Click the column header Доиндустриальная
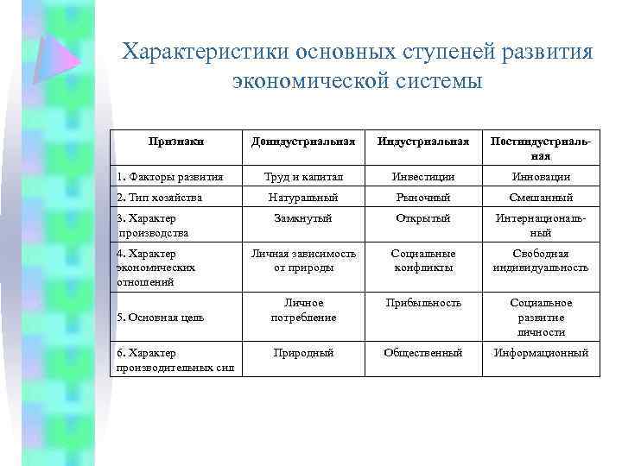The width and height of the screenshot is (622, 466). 302,141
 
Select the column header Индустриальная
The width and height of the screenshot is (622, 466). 423,141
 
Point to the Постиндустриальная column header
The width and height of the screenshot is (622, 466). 541,148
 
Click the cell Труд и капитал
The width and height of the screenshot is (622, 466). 302,176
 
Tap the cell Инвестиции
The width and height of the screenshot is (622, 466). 423,176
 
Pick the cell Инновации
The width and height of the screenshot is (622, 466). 541,176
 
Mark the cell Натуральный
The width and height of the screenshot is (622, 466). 302,198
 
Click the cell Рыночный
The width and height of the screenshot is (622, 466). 423,198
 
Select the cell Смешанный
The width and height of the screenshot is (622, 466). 541,198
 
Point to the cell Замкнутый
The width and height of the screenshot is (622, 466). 302,218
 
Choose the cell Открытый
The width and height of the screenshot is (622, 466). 423,218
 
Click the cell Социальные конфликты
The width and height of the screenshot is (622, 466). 423,261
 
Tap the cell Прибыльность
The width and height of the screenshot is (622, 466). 423,303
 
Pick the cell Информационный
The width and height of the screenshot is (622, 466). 541,352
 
